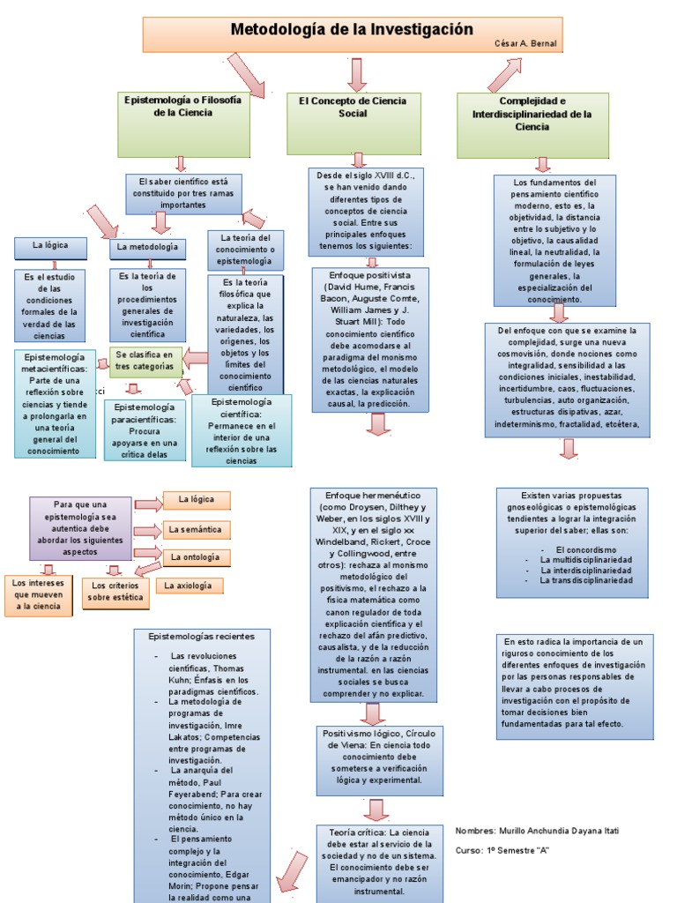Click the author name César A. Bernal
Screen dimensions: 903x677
525,43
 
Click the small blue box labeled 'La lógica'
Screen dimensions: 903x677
49,246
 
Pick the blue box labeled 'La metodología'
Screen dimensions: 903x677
147,248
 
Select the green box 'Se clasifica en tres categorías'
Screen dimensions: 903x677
145,361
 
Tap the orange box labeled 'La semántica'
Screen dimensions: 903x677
196,530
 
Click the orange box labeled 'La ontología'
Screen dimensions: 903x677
195,557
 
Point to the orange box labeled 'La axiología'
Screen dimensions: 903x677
189,586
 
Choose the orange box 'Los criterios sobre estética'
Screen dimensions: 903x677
115,593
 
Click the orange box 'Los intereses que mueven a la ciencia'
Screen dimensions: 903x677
38,595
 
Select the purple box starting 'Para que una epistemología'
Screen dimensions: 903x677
80,527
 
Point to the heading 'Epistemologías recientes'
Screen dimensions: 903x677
201,636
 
